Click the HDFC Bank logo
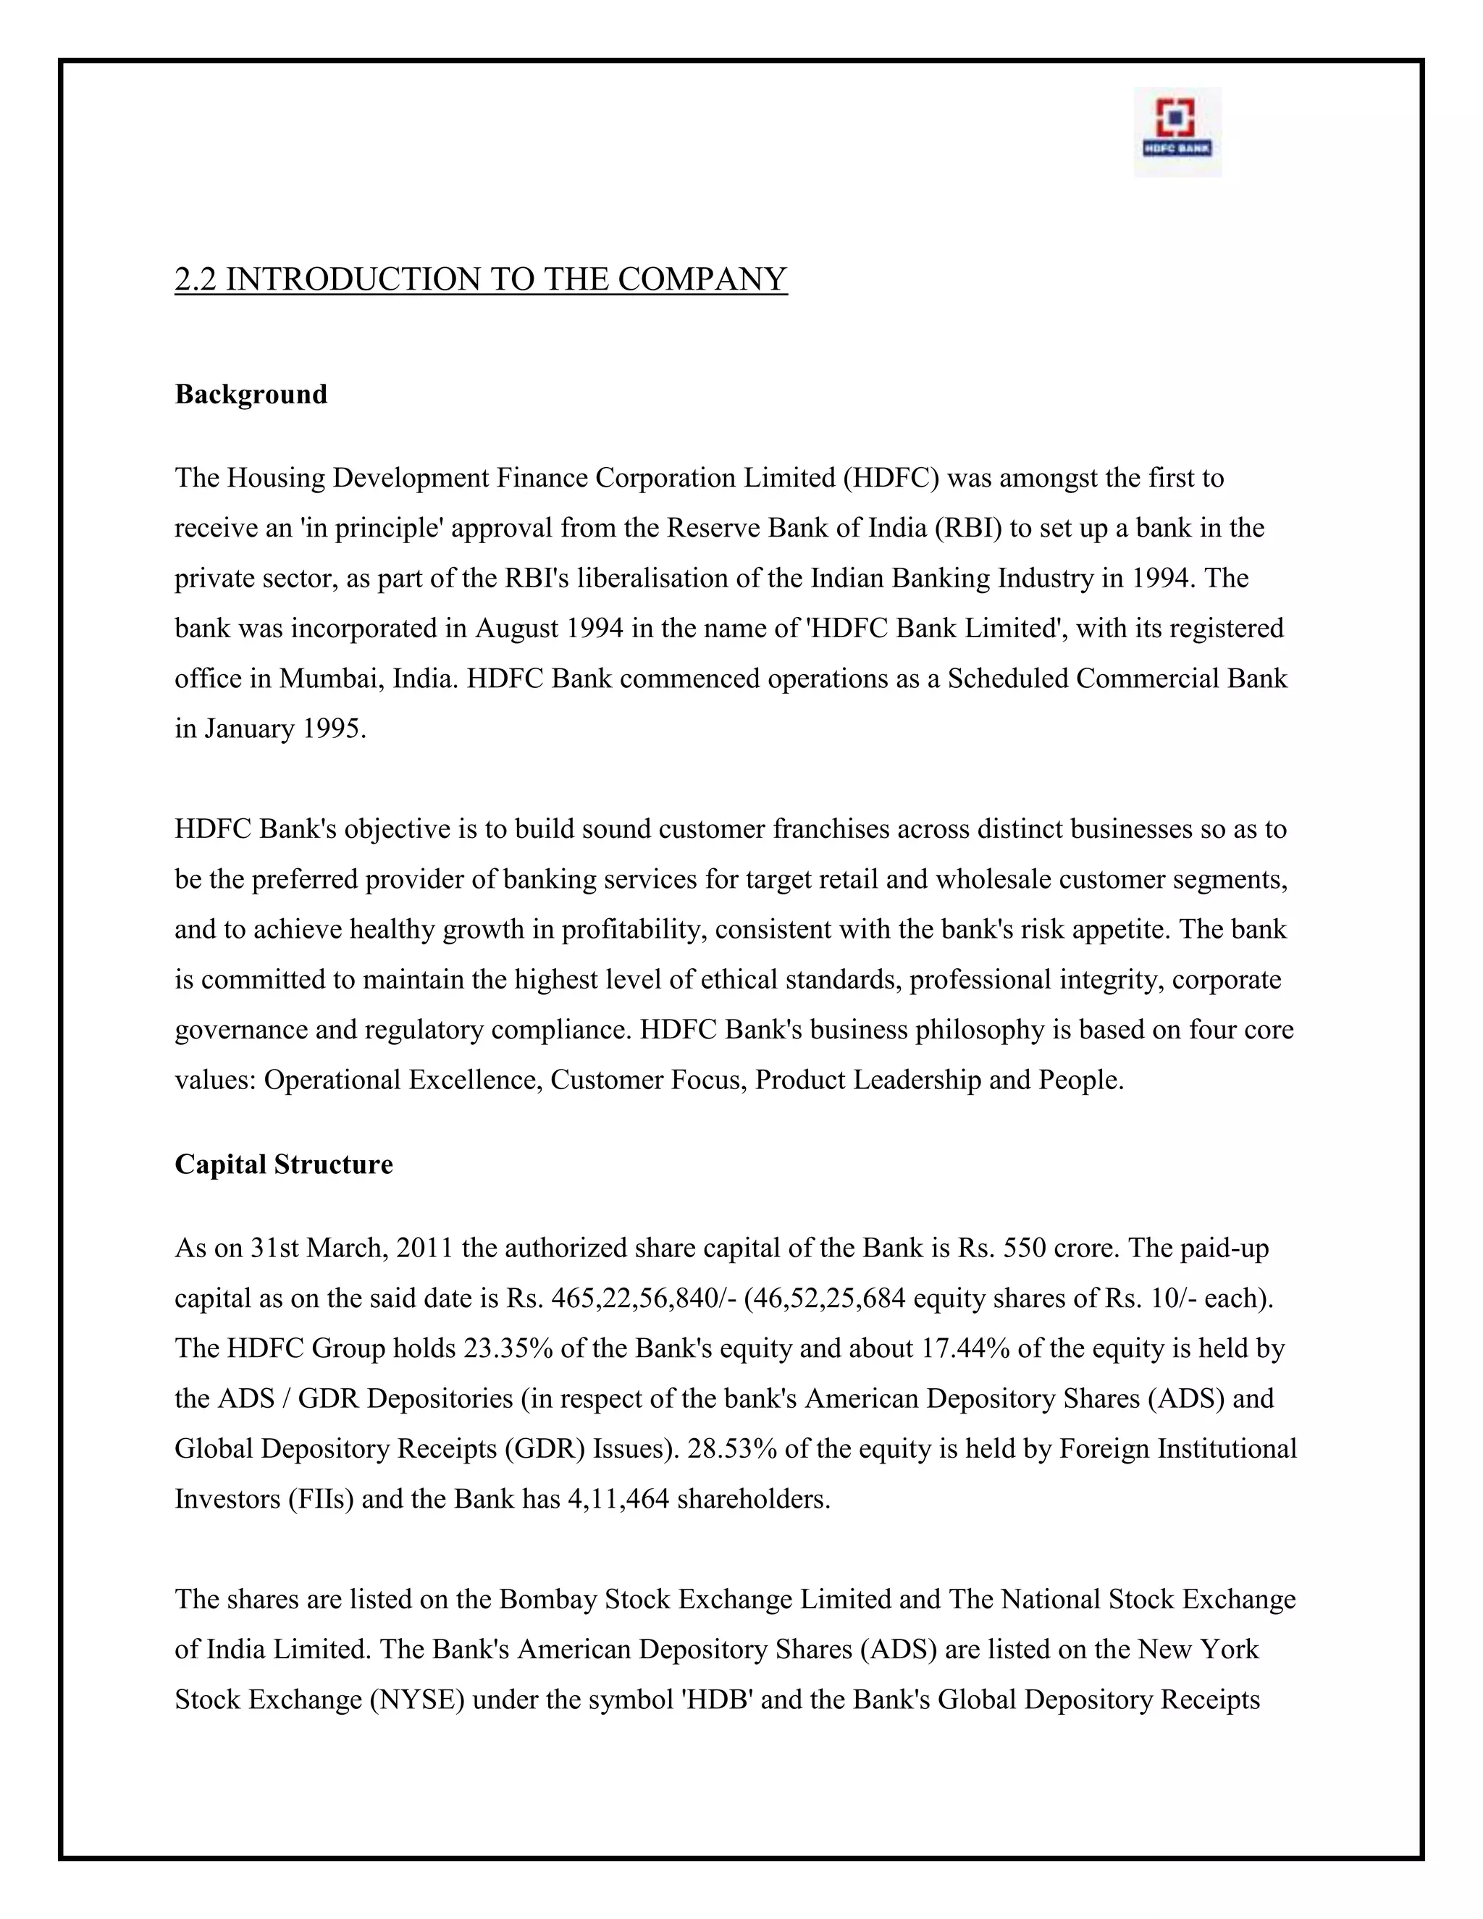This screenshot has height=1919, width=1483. pos(1177,131)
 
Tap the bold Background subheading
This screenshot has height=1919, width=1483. pos(251,394)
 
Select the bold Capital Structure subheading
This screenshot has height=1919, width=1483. pos(283,1164)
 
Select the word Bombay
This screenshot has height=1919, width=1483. pos(547,1599)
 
